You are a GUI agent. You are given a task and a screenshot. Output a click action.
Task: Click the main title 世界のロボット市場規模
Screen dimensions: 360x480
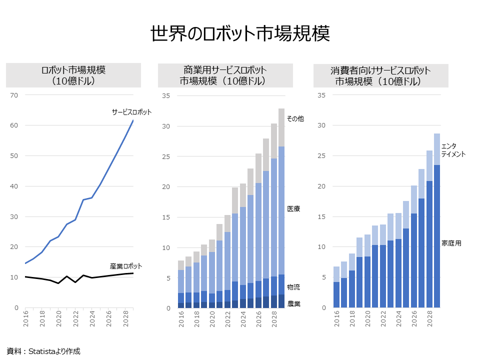point(240,34)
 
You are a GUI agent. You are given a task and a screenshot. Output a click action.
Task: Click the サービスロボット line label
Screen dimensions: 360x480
point(131,112)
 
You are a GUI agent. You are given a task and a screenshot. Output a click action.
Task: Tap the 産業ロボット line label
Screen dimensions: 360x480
point(126,266)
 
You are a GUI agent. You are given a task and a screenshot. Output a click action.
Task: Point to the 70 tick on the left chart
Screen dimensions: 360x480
point(13,95)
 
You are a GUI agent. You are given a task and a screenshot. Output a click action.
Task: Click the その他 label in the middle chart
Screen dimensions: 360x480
point(294,118)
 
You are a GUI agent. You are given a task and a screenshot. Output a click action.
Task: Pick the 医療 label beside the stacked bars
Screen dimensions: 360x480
point(293,208)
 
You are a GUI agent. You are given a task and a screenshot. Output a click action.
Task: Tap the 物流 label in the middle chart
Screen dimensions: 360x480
point(293,287)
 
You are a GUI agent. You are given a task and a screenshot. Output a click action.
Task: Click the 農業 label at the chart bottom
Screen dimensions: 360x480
point(293,303)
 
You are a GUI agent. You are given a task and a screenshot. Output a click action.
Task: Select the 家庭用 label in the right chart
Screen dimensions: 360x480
point(451,243)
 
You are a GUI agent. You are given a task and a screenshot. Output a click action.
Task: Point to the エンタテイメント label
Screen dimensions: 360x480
point(453,150)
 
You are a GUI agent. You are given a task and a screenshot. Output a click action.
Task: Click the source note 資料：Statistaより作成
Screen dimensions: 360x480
point(43,351)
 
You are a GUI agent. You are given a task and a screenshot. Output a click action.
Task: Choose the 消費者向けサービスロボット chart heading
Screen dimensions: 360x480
point(380,75)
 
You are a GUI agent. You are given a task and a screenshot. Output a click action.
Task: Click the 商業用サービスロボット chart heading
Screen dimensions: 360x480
point(225,75)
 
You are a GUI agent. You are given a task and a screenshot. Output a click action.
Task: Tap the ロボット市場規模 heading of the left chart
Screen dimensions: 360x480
point(73,75)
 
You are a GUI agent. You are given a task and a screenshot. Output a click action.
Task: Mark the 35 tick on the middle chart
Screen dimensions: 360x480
point(166,96)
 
